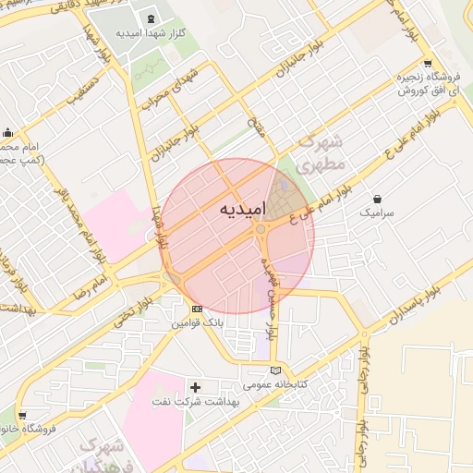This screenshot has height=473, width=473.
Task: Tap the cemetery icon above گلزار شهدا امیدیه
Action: pyautogui.click(x=152, y=18)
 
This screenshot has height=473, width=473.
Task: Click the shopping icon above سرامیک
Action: pyautogui.click(x=378, y=199)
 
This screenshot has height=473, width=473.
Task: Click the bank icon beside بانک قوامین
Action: pyautogui.click(x=196, y=309)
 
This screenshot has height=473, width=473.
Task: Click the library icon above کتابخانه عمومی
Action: pyautogui.click(x=274, y=370)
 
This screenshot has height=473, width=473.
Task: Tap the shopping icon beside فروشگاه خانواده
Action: pyautogui.click(x=21, y=416)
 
